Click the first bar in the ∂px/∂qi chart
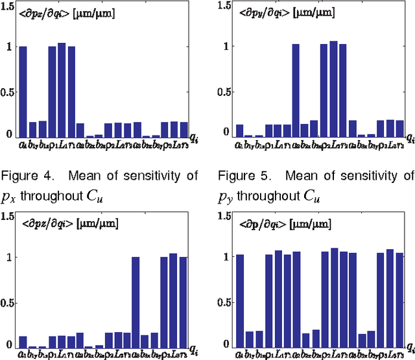[x=23, y=91]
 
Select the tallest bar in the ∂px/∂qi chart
[x=62, y=90]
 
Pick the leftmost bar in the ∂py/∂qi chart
[x=239, y=130]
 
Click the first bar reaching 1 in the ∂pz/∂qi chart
[x=136, y=302]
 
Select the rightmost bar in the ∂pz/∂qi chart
[x=182, y=302]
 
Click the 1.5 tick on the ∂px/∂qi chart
[x=8, y=5]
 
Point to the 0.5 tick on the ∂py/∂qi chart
[x=224, y=91]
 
